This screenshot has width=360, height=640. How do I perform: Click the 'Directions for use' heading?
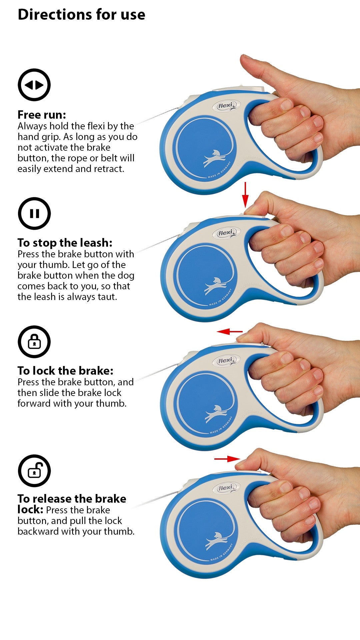click(x=81, y=15)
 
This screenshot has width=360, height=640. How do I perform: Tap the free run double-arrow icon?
click(x=34, y=85)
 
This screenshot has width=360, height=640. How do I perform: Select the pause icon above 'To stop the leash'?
click(x=34, y=213)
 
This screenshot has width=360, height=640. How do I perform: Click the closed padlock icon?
click(x=34, y=342)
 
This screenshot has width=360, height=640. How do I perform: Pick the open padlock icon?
click(x=34, y=470)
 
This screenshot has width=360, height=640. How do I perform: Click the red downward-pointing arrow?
click(x=245, y=195)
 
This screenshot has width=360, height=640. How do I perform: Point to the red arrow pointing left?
click(x=230, y=331)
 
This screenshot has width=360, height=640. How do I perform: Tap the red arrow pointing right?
click(x=227, y=459)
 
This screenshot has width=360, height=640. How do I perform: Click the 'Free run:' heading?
click(x=42, y=115)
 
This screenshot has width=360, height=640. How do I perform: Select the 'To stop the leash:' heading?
click(x=65, y=243)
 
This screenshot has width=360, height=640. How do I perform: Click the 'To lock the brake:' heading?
click(x=66, y=371)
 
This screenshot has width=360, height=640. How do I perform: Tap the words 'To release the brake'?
click(x=72, y=499)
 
